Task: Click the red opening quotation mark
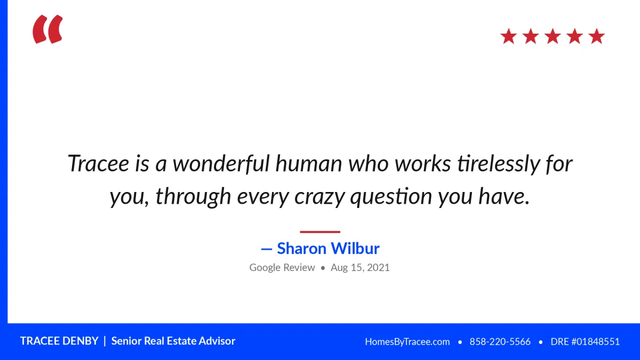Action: coord(47,29)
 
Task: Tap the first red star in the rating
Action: coord(509,36)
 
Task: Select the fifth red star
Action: coord(597,36)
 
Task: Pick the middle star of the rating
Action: coord(553,36)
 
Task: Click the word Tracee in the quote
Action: coord(98,163)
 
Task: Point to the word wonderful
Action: coord(221,163)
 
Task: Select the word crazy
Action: coord(319,197)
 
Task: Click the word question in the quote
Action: coord(391,197)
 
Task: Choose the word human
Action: coord(309,164)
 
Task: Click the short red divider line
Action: coord(320,232)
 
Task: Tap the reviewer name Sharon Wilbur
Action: coord(329,248)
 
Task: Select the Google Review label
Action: coord(282,268)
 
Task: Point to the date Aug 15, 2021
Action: coord(360,268)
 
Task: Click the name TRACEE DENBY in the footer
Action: coord(59,341)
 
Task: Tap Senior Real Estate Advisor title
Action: coord(173,341)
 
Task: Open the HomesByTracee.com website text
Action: coord(407,342)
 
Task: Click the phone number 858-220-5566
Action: coord(500,342)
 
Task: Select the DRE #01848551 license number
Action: coord(585,342)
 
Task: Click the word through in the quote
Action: coord(193,197)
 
